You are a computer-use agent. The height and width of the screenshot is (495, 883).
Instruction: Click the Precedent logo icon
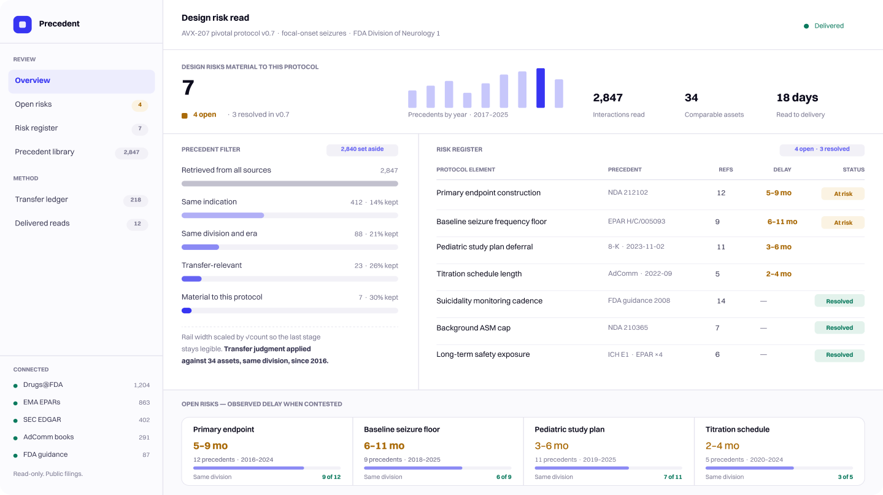pos(23,25)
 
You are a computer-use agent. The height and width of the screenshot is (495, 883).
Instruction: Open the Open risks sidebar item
pos(34,104)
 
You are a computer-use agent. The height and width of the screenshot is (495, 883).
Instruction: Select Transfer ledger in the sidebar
pos(41,199)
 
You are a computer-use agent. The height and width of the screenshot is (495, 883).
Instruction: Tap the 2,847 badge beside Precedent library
pos(131,152)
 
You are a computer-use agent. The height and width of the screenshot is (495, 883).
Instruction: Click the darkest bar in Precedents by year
pos(541,88)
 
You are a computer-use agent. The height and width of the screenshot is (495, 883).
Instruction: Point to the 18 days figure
pos(797,98)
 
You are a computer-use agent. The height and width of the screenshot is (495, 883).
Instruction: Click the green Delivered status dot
pos(806,26)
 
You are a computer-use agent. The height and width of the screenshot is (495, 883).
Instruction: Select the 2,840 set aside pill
pos(362,149)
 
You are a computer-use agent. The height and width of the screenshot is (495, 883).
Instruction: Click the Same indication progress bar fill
pos(223,216)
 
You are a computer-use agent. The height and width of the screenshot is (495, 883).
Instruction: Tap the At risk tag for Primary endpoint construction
pos(843,193)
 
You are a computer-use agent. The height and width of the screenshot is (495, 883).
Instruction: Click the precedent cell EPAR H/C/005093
pos(636,221)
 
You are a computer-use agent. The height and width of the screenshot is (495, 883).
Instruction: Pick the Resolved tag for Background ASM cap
pos(839,328)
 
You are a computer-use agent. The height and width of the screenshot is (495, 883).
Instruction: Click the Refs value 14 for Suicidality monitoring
pos(721,301)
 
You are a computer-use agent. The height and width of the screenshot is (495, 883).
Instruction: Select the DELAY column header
pos(782,170)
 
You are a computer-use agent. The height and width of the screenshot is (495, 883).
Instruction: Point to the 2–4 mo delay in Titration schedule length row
pos(779,274)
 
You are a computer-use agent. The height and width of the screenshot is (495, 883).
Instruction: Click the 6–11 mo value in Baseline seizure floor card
pos(384,446)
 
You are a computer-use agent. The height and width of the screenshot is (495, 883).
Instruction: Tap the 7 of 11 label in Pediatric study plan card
pos(673,477)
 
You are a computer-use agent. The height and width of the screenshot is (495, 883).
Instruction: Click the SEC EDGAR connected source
pos(42,419)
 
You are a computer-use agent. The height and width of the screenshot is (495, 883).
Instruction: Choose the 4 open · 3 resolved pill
pos(822,149)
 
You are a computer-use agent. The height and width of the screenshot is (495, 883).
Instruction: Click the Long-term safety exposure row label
pos(483,354)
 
